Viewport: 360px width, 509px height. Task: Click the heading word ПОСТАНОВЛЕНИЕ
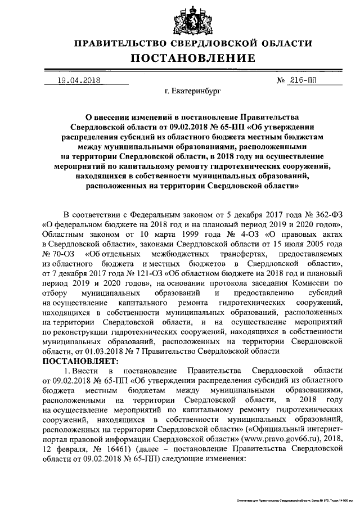click(x=193, y=58)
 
